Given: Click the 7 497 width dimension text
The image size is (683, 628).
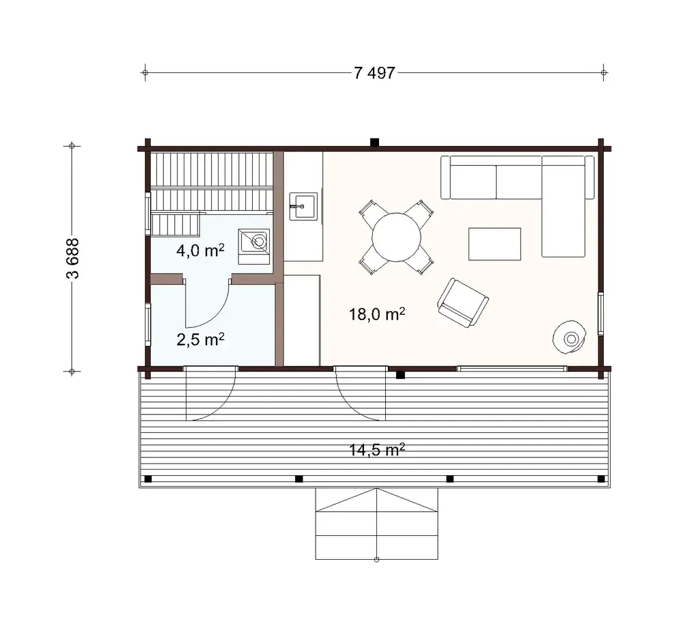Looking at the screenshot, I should [x=375, y=73].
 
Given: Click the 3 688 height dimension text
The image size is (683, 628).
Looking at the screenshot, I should [x=72, y=258].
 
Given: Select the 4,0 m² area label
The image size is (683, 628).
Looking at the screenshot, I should [x=200, y=251].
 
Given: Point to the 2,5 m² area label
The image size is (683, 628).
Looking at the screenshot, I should [x=200, y=340].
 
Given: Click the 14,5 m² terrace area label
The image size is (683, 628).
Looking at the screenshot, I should [x=377, y=450].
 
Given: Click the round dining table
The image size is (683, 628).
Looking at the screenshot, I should [x=396, y=237].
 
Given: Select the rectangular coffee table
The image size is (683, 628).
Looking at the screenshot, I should [x=494, y=244].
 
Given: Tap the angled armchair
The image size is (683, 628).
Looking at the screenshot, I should [x=462, y=302].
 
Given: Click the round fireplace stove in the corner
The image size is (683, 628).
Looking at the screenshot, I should [x=570, y=337].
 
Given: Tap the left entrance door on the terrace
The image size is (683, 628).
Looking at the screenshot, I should [x=210, y=394].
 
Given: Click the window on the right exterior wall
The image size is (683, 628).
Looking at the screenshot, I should [x=601, y=313].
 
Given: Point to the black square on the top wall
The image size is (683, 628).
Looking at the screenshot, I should [x=374, y=143].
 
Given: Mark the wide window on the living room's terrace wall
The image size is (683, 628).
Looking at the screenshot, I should [x=512, y=369].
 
